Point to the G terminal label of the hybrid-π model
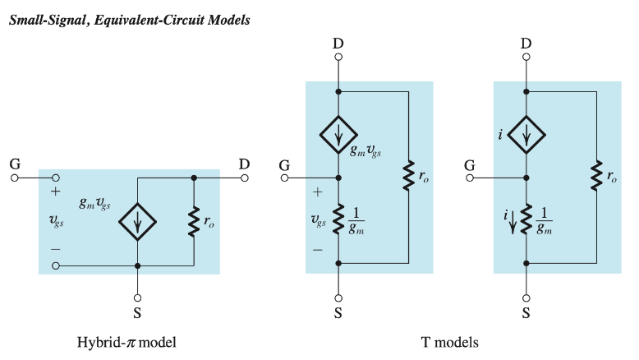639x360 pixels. pyautogui.click(x=15, y=164)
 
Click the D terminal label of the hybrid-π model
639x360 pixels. pyautogui.click(x=244, y=164)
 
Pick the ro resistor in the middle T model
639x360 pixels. pyautogui.click(x=407, y=177)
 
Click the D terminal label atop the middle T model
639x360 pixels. pyautogui.click(x=338, y=43)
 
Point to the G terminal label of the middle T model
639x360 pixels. pyautogui.click(x=284, y=164)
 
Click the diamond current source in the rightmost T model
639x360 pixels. pyautogui.click(x=526, y=134)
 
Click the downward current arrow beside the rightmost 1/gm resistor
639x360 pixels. pyautogui.click(x=514, y=222)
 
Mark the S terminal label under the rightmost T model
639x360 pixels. pyautogui.click(x=526, y=313)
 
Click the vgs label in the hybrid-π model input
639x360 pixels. pyautogui.click(x=56, y=222)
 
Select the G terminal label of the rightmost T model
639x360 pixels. pyautogui.click(x=470, y=164)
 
